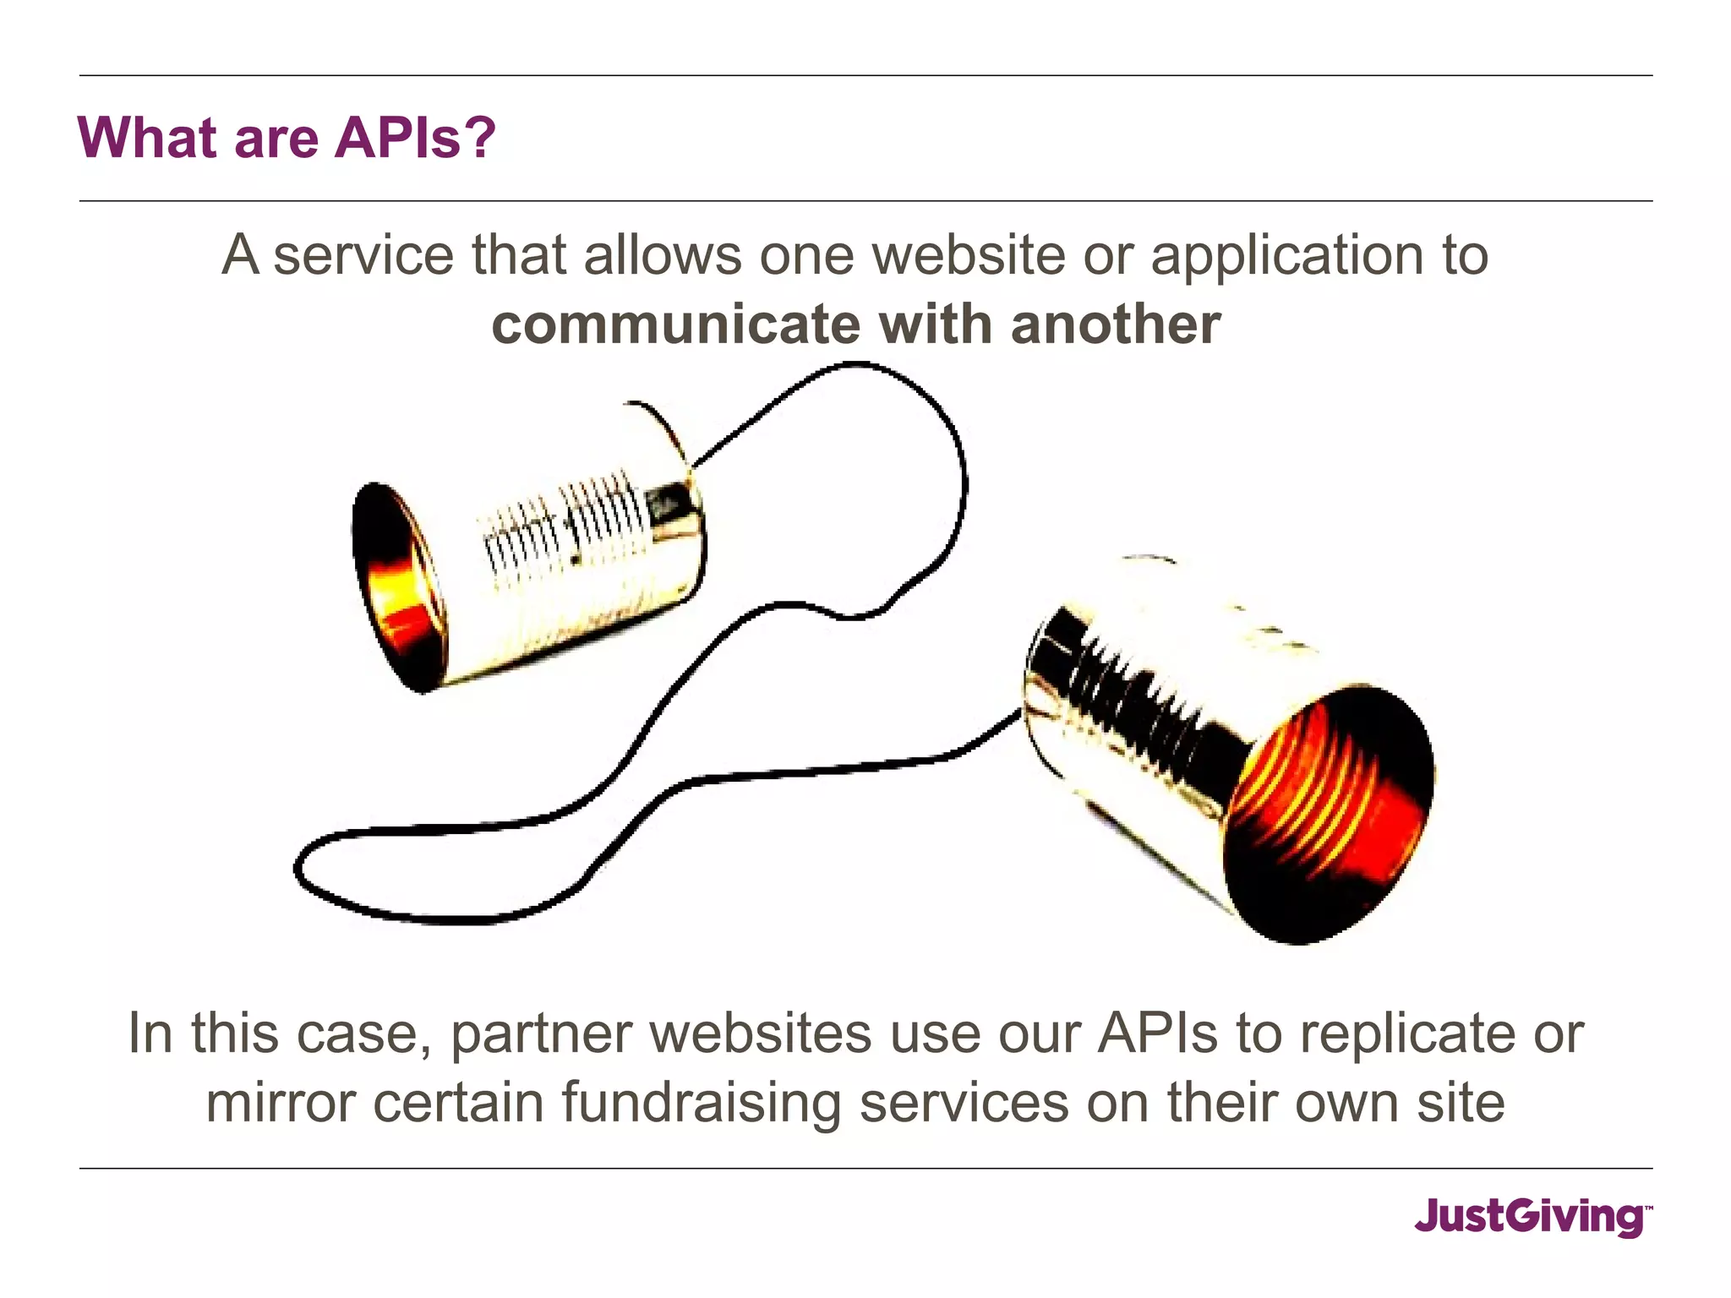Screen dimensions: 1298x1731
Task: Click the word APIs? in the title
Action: coord(414,137)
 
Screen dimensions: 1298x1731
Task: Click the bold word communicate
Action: coord(674,324)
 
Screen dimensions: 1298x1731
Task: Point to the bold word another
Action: coord(1116,324)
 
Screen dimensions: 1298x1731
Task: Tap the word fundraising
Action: coord(701,1104)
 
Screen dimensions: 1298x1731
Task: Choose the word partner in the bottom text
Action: coord(541,1034)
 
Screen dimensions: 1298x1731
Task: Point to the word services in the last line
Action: coord(964,1103)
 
